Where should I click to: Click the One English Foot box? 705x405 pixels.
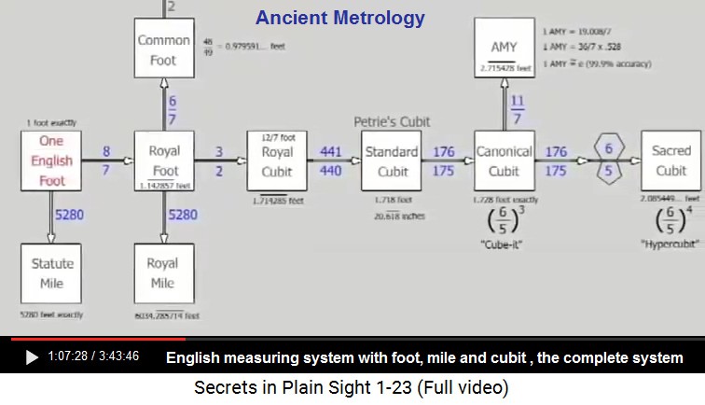click(52, 161)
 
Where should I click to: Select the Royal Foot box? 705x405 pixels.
click(164, 161)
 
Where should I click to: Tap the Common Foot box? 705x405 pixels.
click(164, 49)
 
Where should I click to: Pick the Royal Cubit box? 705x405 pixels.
click(277, 161)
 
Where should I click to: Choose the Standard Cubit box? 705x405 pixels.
click(392, 161)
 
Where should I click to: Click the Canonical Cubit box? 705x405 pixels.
click(504, 161)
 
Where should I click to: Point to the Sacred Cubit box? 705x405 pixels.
click(670, 161)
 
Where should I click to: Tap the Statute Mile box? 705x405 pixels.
click(52, 272)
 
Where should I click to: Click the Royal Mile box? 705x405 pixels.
click(164, 272)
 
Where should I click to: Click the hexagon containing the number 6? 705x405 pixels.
click(609, 148)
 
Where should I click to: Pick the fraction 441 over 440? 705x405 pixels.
click(331, 161)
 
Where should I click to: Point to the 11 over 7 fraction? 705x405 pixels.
click(518, 108)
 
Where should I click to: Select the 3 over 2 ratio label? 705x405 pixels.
click(218, 161)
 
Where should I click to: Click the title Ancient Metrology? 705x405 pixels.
click(340, 18)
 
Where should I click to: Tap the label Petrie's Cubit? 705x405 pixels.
click(392, 122)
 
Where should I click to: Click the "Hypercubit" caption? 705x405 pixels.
click(670, 244)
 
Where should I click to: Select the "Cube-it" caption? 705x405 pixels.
click(504, 244)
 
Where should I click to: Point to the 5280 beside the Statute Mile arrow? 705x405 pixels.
click(69, 215)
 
